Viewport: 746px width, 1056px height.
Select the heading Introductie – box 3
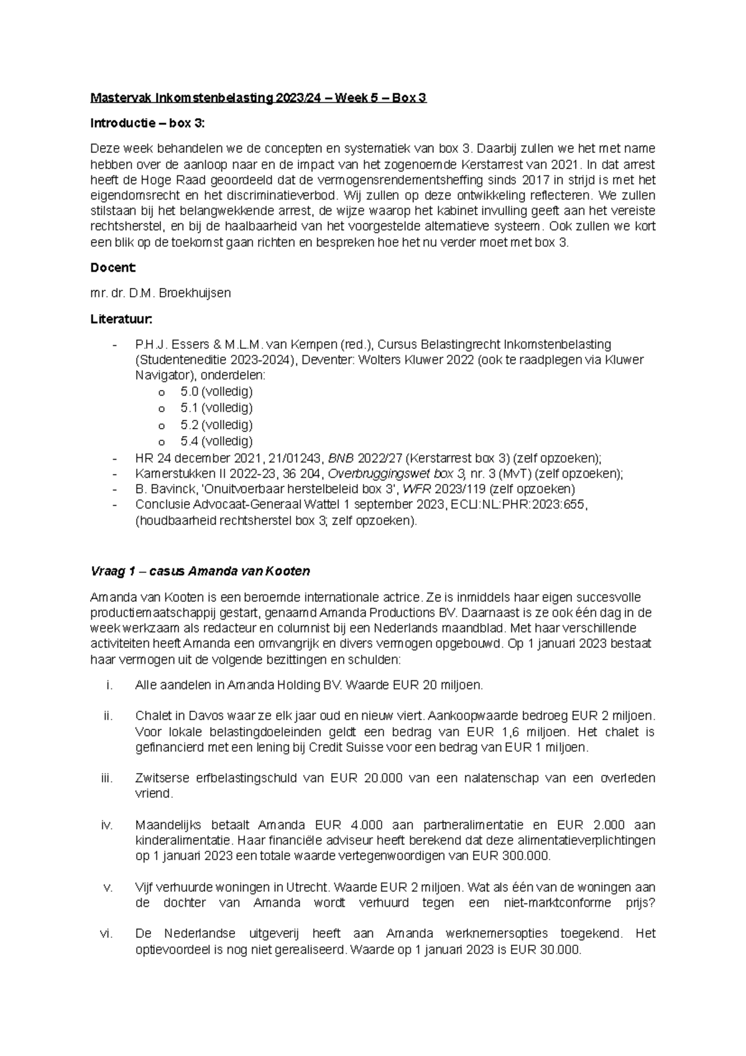[x=147, y=123]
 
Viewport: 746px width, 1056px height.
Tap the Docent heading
[x=113, y=267]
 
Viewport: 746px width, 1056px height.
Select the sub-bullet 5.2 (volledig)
[x=216, y=425]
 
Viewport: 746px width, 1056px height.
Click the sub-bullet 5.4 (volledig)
[x=216, y=441]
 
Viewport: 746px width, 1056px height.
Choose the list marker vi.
[x=105, y=933]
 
